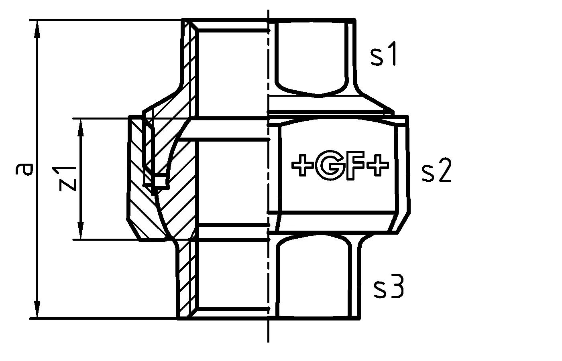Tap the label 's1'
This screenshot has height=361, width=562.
pyautogui.click(x=383, y=55)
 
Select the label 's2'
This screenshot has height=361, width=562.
pyautogui.click(x=436, y=172)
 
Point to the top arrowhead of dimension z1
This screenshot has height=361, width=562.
pyautogui.click(x=81, y=126)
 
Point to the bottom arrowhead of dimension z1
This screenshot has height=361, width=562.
pyautogui.click(x=81, y=231)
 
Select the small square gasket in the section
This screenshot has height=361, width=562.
pyautogui.click(x=160, y=181)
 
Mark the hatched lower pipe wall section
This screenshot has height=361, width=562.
pyautogui.click(x=186, y=281)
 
